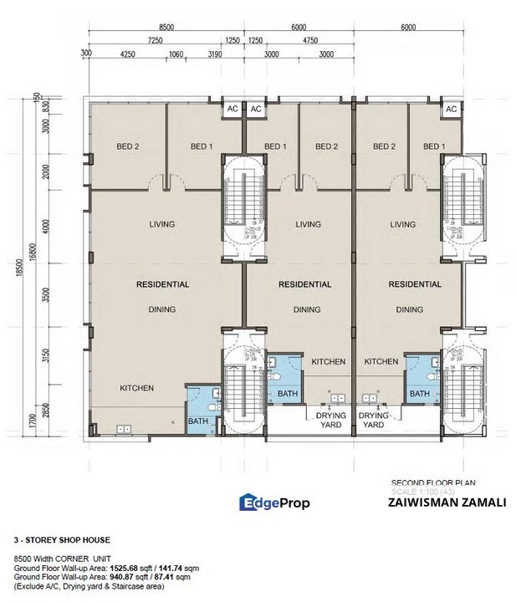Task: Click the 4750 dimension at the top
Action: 311,39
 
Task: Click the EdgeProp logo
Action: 274,503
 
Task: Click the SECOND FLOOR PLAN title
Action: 427,482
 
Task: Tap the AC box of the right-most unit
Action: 451,110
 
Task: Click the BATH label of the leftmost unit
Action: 197,421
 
